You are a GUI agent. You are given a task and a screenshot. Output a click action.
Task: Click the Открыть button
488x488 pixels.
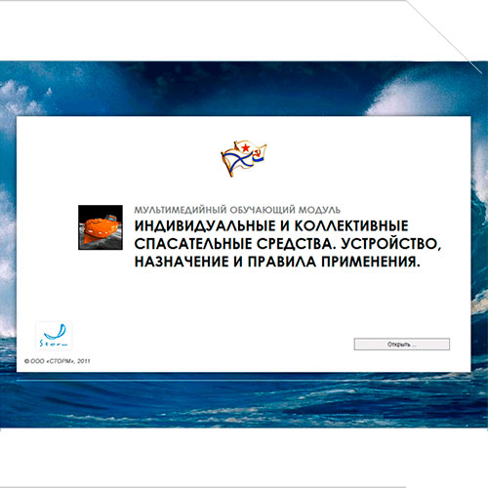point(402,345)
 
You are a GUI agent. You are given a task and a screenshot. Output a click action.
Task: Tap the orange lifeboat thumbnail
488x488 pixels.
point(101,227)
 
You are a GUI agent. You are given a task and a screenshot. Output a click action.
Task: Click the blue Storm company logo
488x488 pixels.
point(54,336)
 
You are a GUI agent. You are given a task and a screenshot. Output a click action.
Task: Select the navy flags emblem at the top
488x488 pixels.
point(244,159)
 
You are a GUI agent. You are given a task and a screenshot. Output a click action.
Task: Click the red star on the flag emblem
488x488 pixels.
point(245,148)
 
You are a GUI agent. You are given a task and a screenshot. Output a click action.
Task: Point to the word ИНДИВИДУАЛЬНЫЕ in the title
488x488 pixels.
point(205,226)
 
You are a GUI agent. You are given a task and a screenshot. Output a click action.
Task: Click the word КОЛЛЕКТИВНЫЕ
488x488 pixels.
point(351,226)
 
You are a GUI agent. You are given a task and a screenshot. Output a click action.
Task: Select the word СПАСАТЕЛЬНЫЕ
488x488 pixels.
point(193,244)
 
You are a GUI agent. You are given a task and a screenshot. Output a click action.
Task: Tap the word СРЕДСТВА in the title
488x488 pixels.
point(297,244)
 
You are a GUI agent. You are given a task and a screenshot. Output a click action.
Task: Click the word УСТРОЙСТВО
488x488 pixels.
point(391,244)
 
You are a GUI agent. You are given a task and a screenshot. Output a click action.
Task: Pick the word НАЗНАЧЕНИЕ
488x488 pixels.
point(182,262)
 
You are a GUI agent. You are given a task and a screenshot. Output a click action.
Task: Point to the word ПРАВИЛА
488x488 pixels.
point(282,262)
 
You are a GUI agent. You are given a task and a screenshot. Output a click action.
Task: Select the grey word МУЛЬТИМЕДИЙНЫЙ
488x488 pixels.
point(181,210)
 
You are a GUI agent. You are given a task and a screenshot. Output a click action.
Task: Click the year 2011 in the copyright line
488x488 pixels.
point(84,361)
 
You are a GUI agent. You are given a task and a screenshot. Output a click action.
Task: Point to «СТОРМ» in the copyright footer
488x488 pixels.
point(61,361)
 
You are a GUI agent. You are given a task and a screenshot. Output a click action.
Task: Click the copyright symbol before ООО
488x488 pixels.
point(26,361)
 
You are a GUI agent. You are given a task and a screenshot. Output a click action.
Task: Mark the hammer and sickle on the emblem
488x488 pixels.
point(259,153)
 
